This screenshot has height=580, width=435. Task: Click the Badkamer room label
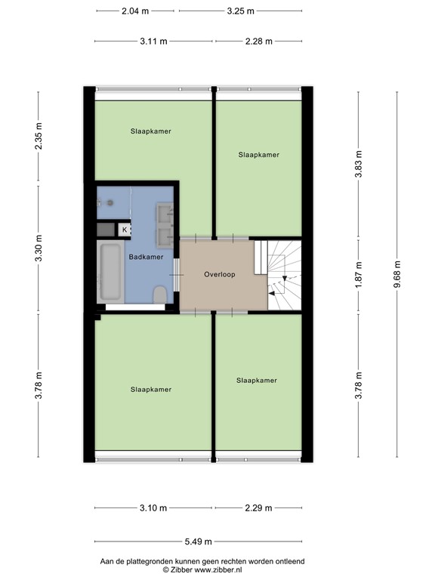point(146,257)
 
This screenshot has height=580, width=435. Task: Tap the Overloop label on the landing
point(220,275)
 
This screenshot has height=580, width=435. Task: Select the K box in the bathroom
point(125,229)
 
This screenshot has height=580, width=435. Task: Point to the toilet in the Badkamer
point(159,295)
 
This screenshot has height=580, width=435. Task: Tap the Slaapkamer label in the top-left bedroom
point(150,131)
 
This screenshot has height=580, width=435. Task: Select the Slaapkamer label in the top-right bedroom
point(258,155)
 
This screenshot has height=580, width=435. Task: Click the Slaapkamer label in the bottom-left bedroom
point(150,390)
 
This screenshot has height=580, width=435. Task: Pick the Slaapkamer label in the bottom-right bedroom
point(256,381)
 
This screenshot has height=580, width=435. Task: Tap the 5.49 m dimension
point(197,541)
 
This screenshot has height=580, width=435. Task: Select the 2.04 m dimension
point(134,11)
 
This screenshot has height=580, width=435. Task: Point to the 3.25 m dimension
point(240,11)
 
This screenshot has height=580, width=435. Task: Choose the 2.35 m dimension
point(39,137)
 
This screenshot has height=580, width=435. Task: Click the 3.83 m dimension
point(359,165)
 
